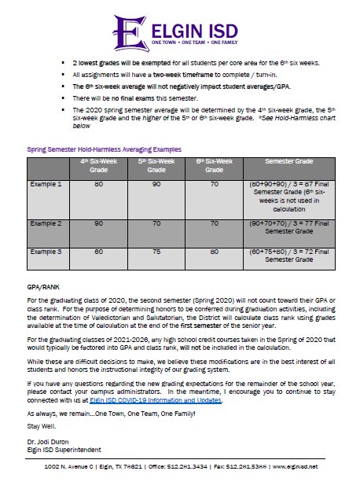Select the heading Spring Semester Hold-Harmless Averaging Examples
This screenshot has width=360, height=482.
[x=104, y=148]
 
